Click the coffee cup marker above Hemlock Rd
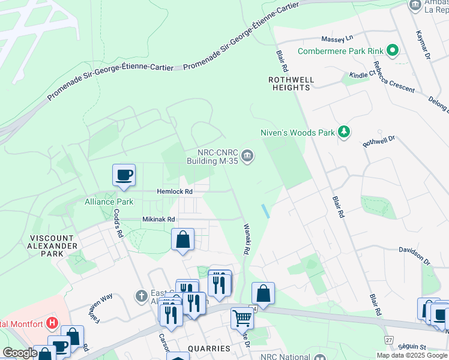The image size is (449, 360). point(124,175)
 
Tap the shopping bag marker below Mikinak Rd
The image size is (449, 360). point(183,239)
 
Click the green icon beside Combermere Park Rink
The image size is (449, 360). point(393,50)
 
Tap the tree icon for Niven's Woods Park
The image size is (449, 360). point(343,132)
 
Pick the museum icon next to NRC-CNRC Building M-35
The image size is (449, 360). point(247,157)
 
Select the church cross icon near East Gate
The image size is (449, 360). point(140,296)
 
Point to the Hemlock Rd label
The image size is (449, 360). point(174,191)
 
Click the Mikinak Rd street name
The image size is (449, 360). point(158,220)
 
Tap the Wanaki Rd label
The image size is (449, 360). point(246,239)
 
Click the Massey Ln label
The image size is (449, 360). point(337,39)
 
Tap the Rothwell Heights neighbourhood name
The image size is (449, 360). point(289,83)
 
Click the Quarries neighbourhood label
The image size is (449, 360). point(208,349)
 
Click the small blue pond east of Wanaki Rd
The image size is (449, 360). point(265,211)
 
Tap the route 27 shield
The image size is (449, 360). point(389,340)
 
